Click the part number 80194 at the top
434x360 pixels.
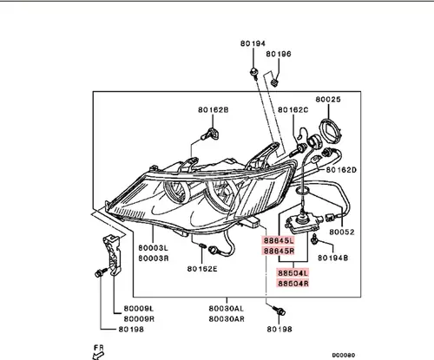[253, 43]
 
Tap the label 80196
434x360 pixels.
[279, 54]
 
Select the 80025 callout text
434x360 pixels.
[328, 99]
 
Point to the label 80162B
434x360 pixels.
[214, 110]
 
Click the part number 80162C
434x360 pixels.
[293, 110]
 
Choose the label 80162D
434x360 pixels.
[341, 170]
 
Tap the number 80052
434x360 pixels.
[342, 232]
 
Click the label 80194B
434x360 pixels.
[332, 258]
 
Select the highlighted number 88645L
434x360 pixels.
[279, 240]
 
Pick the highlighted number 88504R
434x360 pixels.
[293, 284]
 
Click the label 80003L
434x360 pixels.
[153, 248]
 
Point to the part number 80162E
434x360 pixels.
[202, 269]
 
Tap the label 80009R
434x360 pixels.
[139, 319]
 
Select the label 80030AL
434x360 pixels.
[227, 309]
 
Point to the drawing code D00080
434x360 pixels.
[344, 355]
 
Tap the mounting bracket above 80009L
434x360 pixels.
[112, 255]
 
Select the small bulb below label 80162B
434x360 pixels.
[210, 134]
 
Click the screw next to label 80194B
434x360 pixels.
[314, 239]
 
